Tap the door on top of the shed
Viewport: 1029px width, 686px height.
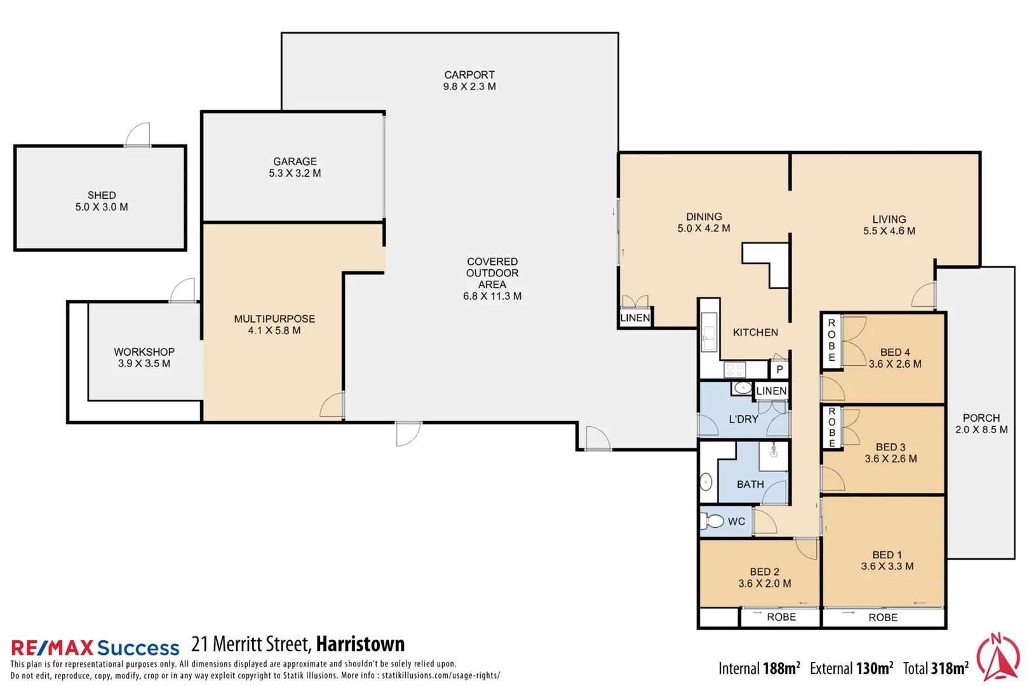138,135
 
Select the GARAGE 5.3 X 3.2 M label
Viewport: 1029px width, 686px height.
295,167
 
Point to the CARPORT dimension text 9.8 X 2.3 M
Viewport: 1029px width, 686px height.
469,87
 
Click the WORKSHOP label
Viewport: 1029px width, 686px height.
144,352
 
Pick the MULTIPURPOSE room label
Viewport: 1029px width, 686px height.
274,319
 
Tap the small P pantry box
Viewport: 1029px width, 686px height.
779,370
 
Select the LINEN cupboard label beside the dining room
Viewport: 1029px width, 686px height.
635,318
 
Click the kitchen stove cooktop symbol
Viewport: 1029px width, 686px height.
735,370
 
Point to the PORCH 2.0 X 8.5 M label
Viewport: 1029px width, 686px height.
981,424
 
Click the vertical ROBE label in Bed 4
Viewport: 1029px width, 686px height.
831,340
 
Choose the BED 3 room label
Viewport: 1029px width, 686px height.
891,447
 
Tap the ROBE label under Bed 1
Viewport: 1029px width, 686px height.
883,617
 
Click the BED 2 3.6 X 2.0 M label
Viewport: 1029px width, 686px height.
764,577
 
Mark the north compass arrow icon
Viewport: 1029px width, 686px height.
998,658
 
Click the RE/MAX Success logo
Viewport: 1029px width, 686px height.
95,647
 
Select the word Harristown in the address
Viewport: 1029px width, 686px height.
360,644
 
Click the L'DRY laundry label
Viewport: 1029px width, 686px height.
743,419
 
